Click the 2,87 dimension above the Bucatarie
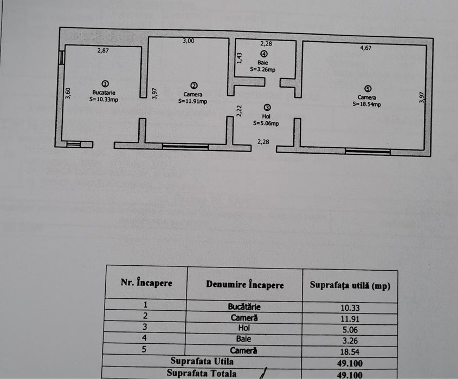pos(104,50)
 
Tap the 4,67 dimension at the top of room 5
pos(369,48)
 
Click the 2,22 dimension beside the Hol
pos(238,110)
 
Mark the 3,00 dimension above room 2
pos(188,41)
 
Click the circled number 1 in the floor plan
pos(105,83)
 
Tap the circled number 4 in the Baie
pos(263,54)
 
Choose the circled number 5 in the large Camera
pos(367,89)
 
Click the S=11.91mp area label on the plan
pos(192,101)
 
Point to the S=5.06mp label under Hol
pos(266,123)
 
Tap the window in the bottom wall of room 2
pos(185,146)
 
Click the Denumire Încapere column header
pos(244,285)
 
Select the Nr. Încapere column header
pos(146,283)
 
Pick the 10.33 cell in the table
pos(350,308)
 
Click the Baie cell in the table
pos(244,339)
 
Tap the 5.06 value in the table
pos(350,329)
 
